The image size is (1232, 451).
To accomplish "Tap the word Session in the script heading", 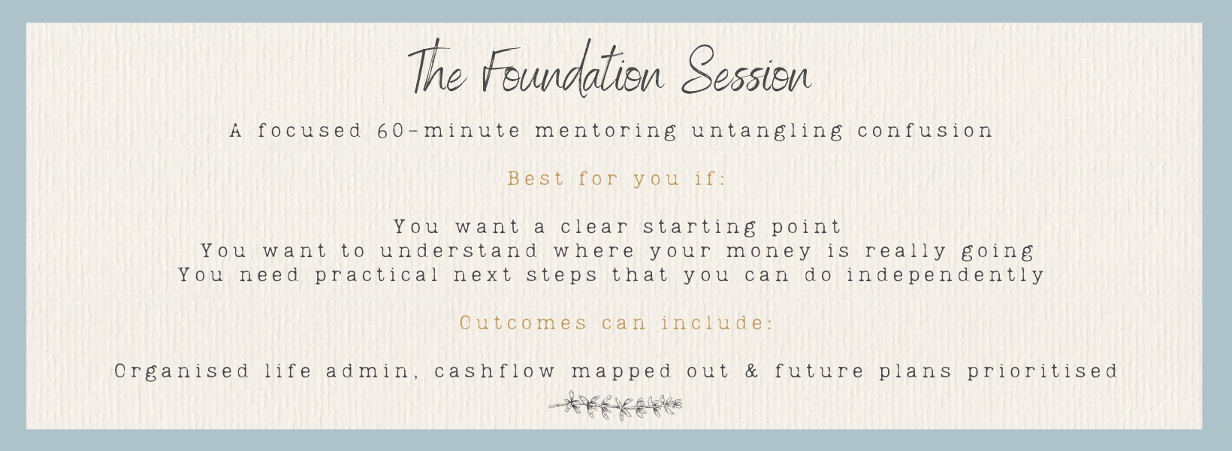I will [x=746, y=74].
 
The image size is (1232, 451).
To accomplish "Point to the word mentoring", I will [x=605, y=131].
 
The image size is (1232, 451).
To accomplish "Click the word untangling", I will [x=767, y=131].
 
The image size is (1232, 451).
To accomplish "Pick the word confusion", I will [x=926, y=131].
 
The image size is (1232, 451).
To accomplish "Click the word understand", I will [x=459, y=251].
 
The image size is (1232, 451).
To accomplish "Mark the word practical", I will [x=377, y=275].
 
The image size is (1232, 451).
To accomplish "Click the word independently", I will [x=945, y=275].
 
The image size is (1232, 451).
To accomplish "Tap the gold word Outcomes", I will [x=523, y=323].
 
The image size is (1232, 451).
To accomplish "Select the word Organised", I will [x=182, y=371].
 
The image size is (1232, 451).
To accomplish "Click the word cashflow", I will [x=495, y=371].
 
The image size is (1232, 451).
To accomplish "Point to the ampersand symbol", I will [x=752, y=371].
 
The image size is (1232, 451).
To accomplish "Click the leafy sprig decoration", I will [x=615, y=406].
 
